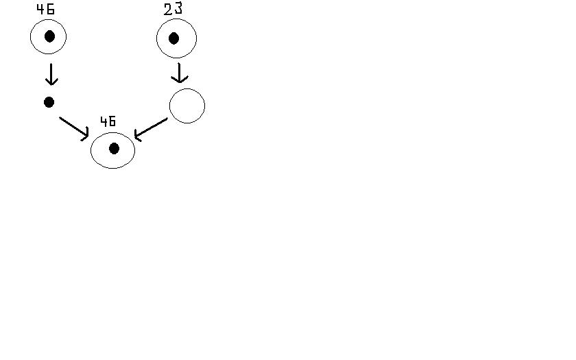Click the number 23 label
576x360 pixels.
(173, 10)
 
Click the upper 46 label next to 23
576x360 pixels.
(45, 10)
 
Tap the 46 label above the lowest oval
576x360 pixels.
(108, 122)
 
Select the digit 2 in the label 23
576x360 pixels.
(168, 10)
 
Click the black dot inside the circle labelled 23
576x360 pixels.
(174, 38)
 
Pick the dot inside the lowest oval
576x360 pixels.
(114, 148)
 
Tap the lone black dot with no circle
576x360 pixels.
(49, 102)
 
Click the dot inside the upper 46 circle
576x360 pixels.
(49, 36)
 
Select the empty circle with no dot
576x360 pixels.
(187, 106)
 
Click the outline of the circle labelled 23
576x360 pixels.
(196, 38)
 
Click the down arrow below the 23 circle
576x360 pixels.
(180, 73)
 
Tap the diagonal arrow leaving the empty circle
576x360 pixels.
(151, 128)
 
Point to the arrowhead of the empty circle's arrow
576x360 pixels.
(136, 136)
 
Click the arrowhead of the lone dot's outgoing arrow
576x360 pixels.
(86, 135)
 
